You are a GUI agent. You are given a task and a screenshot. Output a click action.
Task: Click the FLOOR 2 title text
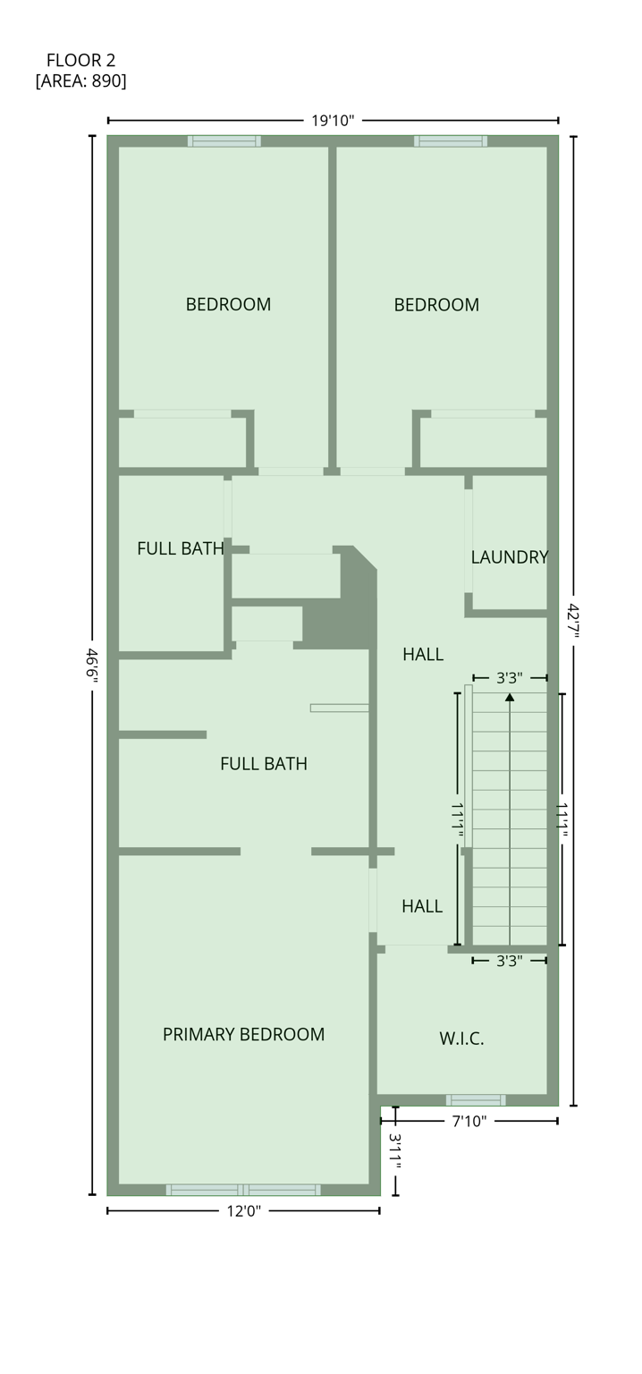click(x=80, y=61)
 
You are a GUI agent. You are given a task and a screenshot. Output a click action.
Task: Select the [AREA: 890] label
click(x=80, y=81)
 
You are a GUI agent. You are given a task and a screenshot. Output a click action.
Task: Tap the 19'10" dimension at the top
click(x=333, y=121)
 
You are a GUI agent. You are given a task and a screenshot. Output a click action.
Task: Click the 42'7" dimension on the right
click(x=573, y=621)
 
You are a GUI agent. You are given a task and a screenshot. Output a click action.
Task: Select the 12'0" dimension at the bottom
click(x=243, y=1211)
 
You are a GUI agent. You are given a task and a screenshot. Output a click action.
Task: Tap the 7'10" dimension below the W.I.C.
click(x=469, y=1121)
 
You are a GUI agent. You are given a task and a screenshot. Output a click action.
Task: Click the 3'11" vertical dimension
click(x=395, y=1151)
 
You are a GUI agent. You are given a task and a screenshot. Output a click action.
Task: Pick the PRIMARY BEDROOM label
click(x=243, y=1035)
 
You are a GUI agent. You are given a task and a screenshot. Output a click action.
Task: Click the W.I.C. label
click(x=461, y=1039)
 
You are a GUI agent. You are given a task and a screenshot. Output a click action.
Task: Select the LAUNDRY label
click(x=509, y=557)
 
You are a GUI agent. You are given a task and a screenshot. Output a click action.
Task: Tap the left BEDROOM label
click(x=228, y=305)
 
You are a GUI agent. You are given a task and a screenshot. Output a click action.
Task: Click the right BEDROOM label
click(x=436, y=305)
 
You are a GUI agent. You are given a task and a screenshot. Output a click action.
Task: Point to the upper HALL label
click(x=423, y=655)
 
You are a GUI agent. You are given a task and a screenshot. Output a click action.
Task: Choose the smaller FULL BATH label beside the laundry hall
click(x=180, y=549)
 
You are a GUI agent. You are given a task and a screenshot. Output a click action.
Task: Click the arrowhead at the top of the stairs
click(x=510, y=696)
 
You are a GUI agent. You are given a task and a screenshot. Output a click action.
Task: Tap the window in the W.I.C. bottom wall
click(x=476, y=1099)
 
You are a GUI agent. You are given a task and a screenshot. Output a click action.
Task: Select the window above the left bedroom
click(x=224, y=141)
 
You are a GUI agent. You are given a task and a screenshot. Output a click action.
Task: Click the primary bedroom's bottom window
click(x=243, y=1190)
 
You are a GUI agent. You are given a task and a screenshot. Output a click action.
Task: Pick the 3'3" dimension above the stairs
click(x=510, y=678)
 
